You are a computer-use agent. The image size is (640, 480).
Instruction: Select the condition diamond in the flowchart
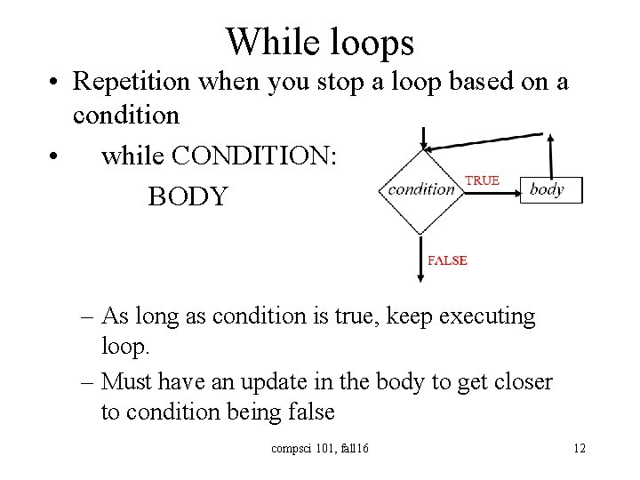pyautogui.click(x=421, y=189)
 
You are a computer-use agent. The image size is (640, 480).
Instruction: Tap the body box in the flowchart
pyautogui.click(x=550, y=190)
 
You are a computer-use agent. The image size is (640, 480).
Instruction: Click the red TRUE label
pyautogui.click(x=483, y=180)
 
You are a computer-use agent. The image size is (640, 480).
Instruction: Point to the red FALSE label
pyautogui.click(x=447, y=260)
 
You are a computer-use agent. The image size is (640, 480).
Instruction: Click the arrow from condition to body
pyautogui.click(x=490, y=190)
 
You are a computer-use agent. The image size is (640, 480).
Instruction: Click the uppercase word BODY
pyautogui.click(x=188, y=196)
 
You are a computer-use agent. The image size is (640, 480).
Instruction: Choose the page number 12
pyautogui.click(x=579, y=448)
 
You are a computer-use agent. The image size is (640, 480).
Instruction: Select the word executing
pyautogui.click(x=486, y=316)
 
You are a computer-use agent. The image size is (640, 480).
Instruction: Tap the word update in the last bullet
pyautogui.click(x=273, y=381)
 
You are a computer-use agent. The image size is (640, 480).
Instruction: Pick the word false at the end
pyautogui.click(x=306, y=412)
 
